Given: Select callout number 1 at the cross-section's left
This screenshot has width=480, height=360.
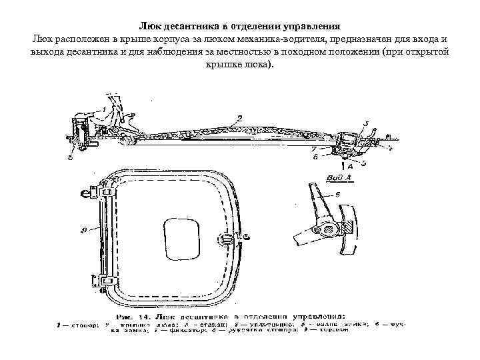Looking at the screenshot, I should point(104,107).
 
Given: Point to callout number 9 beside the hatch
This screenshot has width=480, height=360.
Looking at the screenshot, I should point(83,229).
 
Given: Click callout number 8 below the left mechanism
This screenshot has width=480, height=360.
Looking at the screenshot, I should point(71,159).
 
